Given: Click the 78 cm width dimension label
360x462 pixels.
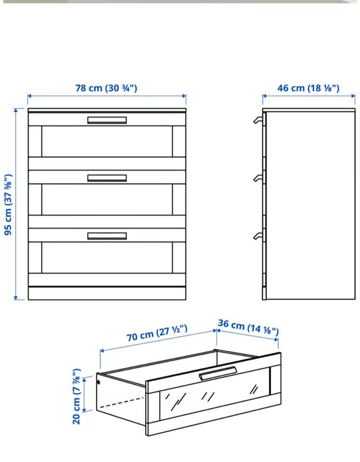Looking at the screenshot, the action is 106,88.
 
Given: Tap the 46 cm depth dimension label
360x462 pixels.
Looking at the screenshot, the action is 308,88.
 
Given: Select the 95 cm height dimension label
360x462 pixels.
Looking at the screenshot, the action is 8,204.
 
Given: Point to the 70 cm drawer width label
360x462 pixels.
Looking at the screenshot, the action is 157,333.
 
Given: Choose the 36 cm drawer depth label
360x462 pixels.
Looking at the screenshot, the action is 248,327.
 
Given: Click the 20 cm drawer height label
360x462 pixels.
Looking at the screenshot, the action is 76,396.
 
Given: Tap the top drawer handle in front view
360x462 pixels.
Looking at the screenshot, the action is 107,120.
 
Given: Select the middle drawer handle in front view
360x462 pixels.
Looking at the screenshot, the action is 107,178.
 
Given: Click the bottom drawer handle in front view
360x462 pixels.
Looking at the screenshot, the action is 107,236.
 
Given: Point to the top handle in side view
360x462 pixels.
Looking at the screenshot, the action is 257,119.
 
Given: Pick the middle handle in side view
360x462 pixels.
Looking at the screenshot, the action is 257,178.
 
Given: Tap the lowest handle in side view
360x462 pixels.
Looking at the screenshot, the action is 257,236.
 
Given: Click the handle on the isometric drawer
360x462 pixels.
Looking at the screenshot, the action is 218,373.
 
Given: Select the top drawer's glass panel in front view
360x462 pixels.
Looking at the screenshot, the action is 107,142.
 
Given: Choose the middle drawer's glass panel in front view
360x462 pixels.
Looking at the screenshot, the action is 107,200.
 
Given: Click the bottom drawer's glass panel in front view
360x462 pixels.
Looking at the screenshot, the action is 107,258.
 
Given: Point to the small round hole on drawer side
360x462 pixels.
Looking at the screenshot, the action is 98,382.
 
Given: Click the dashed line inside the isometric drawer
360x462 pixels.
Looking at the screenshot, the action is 121,402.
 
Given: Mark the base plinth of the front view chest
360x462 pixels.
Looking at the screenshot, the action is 107,293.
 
